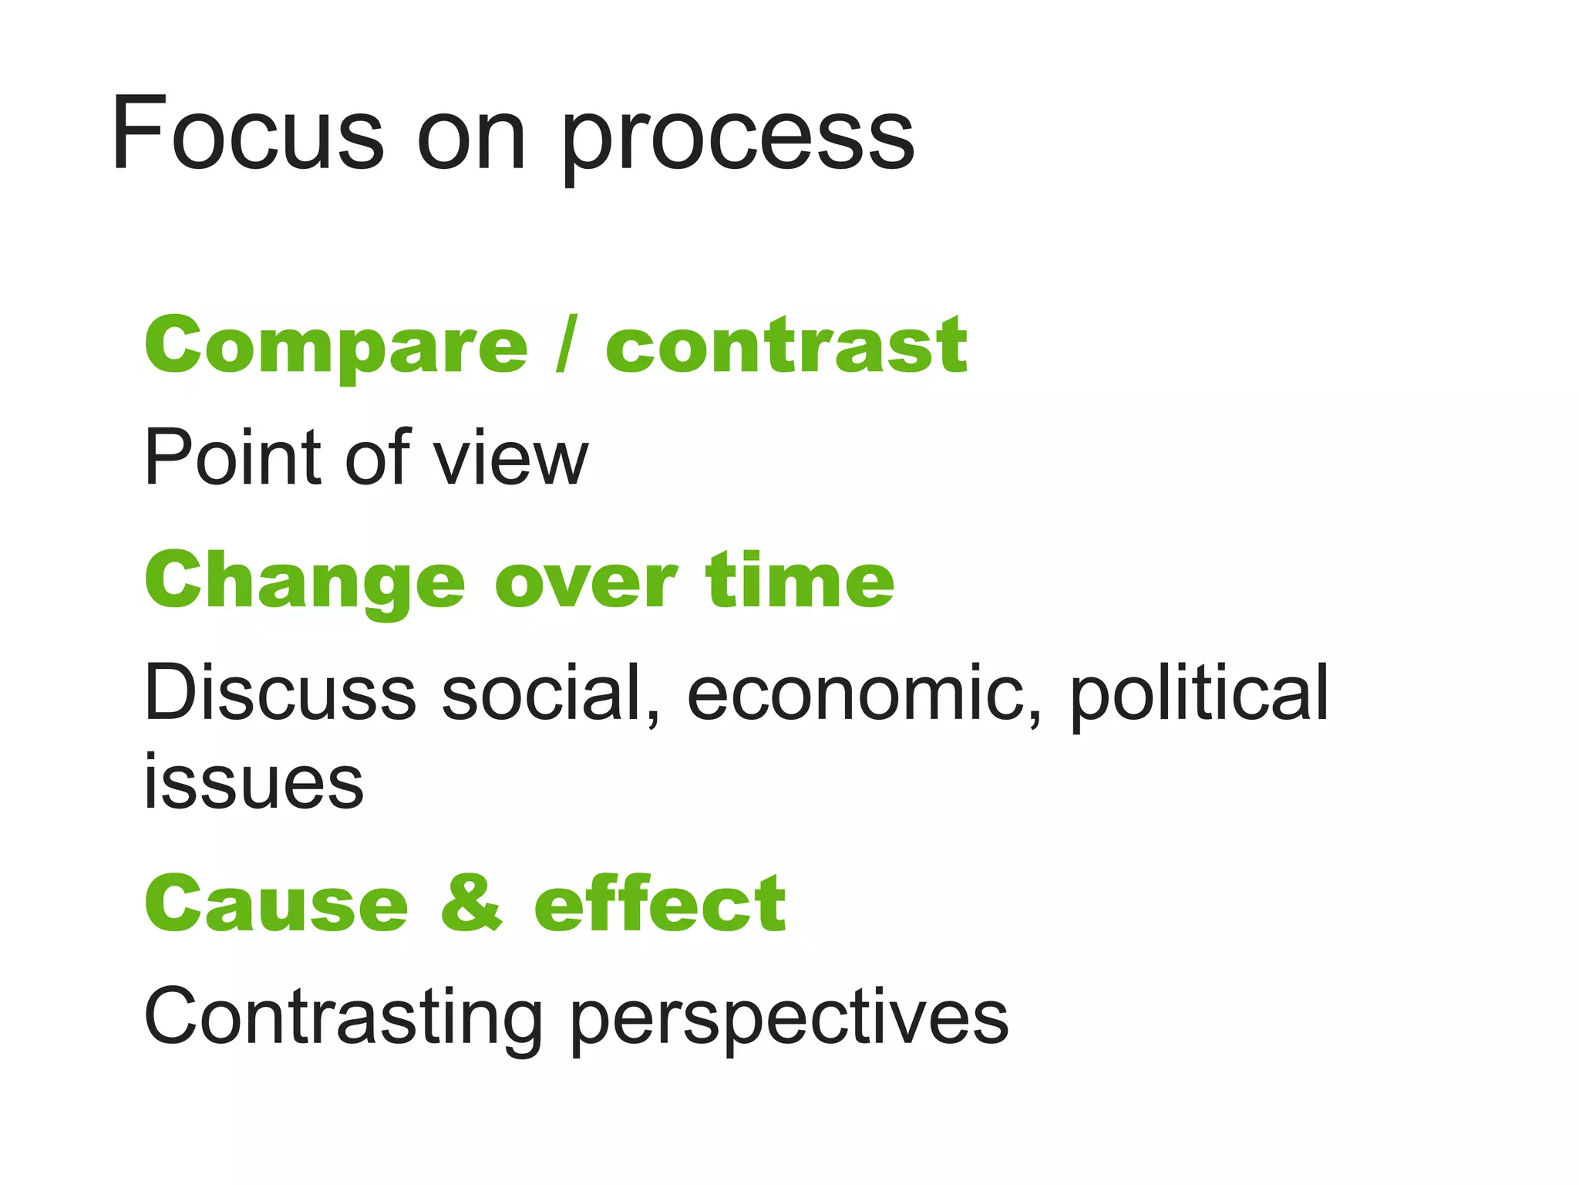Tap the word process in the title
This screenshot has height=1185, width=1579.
738,139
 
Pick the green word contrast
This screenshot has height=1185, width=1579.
786,346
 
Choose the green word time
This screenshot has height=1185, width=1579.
800,580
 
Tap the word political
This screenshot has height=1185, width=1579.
1199,694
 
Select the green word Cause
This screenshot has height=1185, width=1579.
276,903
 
